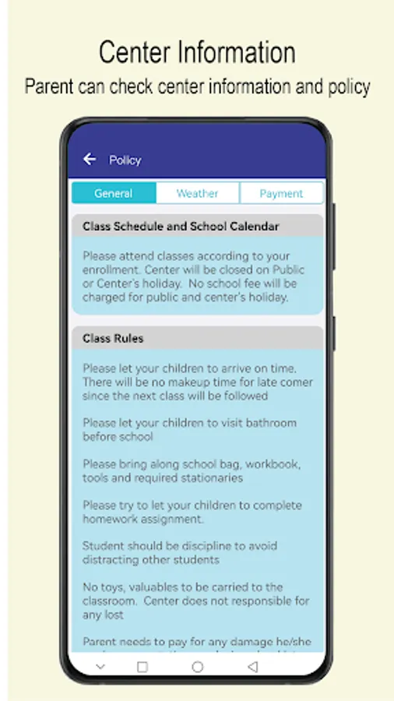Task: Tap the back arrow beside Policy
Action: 90,160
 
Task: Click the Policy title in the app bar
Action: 125,160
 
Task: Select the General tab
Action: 114,193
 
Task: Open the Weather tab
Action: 197,193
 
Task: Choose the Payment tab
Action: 281,193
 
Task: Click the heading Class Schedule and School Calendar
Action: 181,227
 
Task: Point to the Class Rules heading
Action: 113,339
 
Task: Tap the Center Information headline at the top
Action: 197,53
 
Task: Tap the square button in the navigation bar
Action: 142,667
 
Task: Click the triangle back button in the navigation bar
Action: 252,667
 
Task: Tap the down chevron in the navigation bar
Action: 100,667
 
